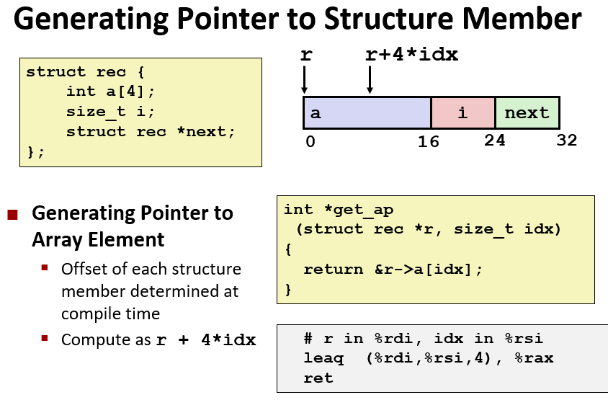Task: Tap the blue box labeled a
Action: coord(367,113)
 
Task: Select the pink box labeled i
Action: coord(463,113)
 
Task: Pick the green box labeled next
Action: coord(527,113)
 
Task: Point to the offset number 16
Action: coord(428,142)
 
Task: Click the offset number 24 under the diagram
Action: coord(494,141)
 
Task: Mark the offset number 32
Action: coord(566,141)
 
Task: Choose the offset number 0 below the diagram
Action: coord(310,141)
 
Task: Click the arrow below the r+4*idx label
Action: coord(370,79)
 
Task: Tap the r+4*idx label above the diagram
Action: coord(412,54)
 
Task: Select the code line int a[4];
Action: coord(110,92)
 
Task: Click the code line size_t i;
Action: coord(110,112)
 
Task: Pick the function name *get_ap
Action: coord(359,210)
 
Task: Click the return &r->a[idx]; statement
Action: coord(393,270)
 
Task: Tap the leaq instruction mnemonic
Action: coord(323,358)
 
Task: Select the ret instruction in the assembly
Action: coord(318,378)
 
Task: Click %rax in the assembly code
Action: coord(534,357)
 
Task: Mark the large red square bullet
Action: coord(12,215)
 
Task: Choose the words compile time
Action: coord(110,314)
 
